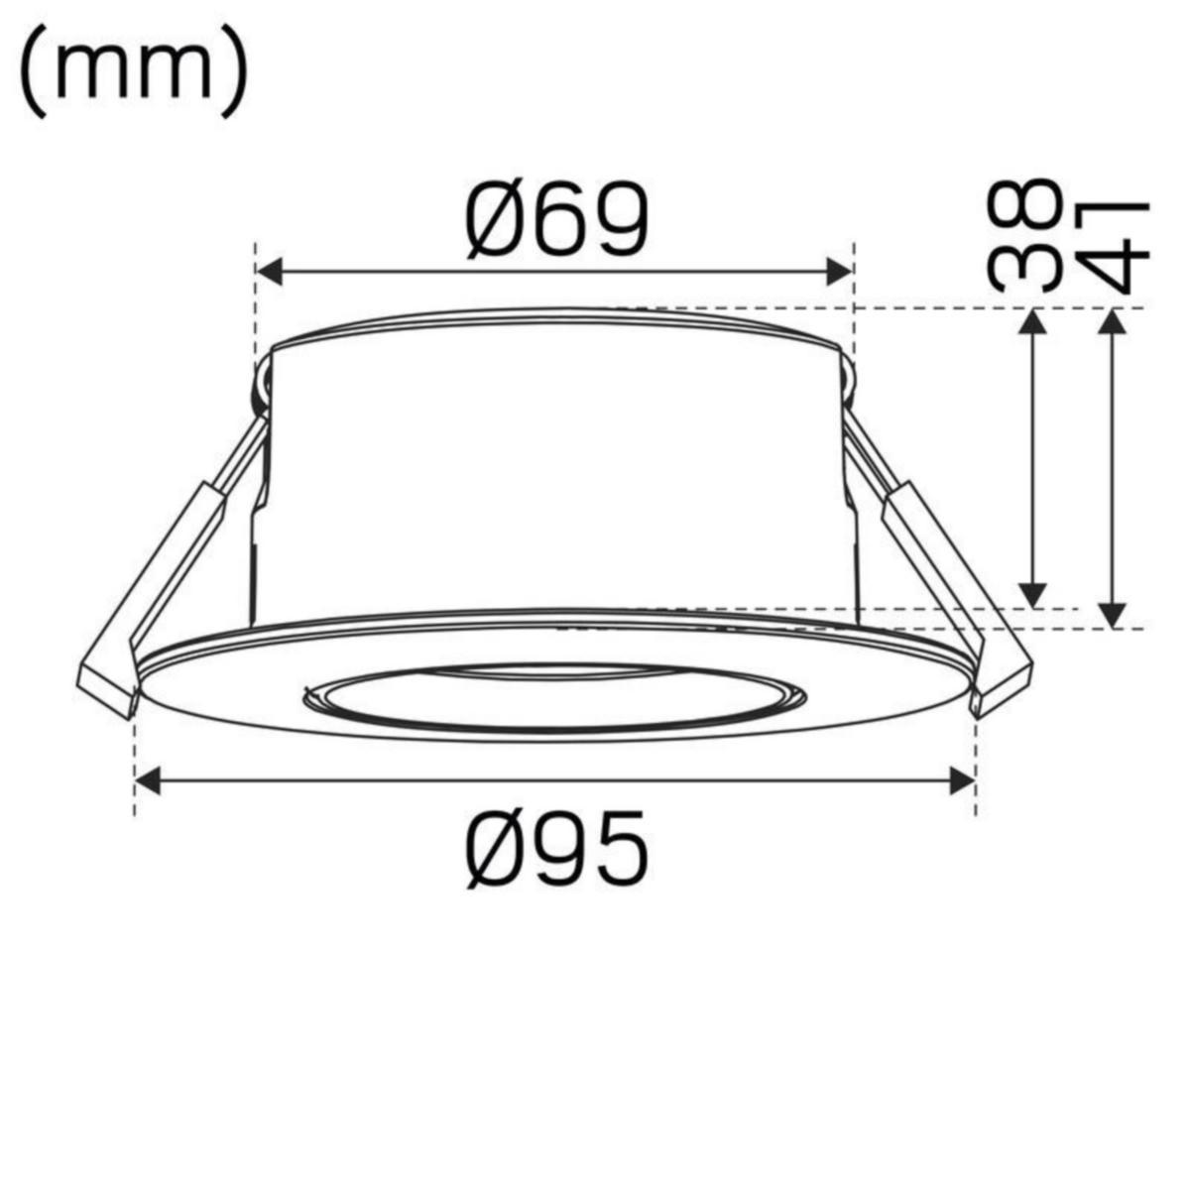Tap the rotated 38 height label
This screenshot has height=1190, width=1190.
coord(1021,236)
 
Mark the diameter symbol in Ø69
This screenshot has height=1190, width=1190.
coord(496,220)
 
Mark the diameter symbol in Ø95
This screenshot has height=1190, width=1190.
coord(496,848)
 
